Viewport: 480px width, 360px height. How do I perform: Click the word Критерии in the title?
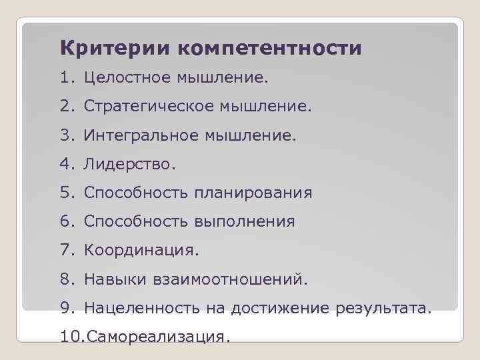click(115, 48)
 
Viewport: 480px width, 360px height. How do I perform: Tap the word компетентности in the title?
click(269, 49)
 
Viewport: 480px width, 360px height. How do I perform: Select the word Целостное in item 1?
click(127, 79)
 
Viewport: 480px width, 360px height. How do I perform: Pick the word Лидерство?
click(125, 164)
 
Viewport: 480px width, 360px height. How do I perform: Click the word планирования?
click(253, 193)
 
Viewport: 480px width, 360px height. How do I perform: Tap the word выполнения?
click(245, 222)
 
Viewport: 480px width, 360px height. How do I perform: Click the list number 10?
click(69, 337)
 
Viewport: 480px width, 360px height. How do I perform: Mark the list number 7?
click(67, 251)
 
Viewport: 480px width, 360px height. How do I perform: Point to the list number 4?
click(67, 164)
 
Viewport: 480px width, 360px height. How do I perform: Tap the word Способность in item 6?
click(137, 222)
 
